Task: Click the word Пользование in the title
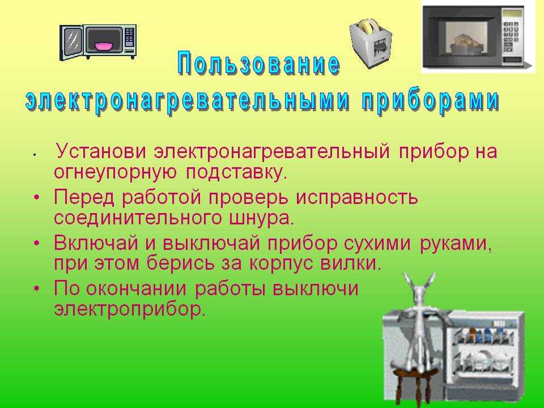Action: pos(259,64)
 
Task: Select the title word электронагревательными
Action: pos(188,101)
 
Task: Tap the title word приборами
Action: pos(431,101)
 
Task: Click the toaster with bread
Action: pos(370,43)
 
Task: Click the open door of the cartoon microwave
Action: pos(72,42)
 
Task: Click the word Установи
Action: pos(101,151)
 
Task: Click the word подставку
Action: pos(237,172)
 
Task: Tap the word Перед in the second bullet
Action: pos(84,197)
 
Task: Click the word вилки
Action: pos(350,263)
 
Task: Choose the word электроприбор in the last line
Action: pos(130,309)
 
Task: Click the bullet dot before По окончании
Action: pos(37,288)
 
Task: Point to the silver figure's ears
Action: pos(420,282)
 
